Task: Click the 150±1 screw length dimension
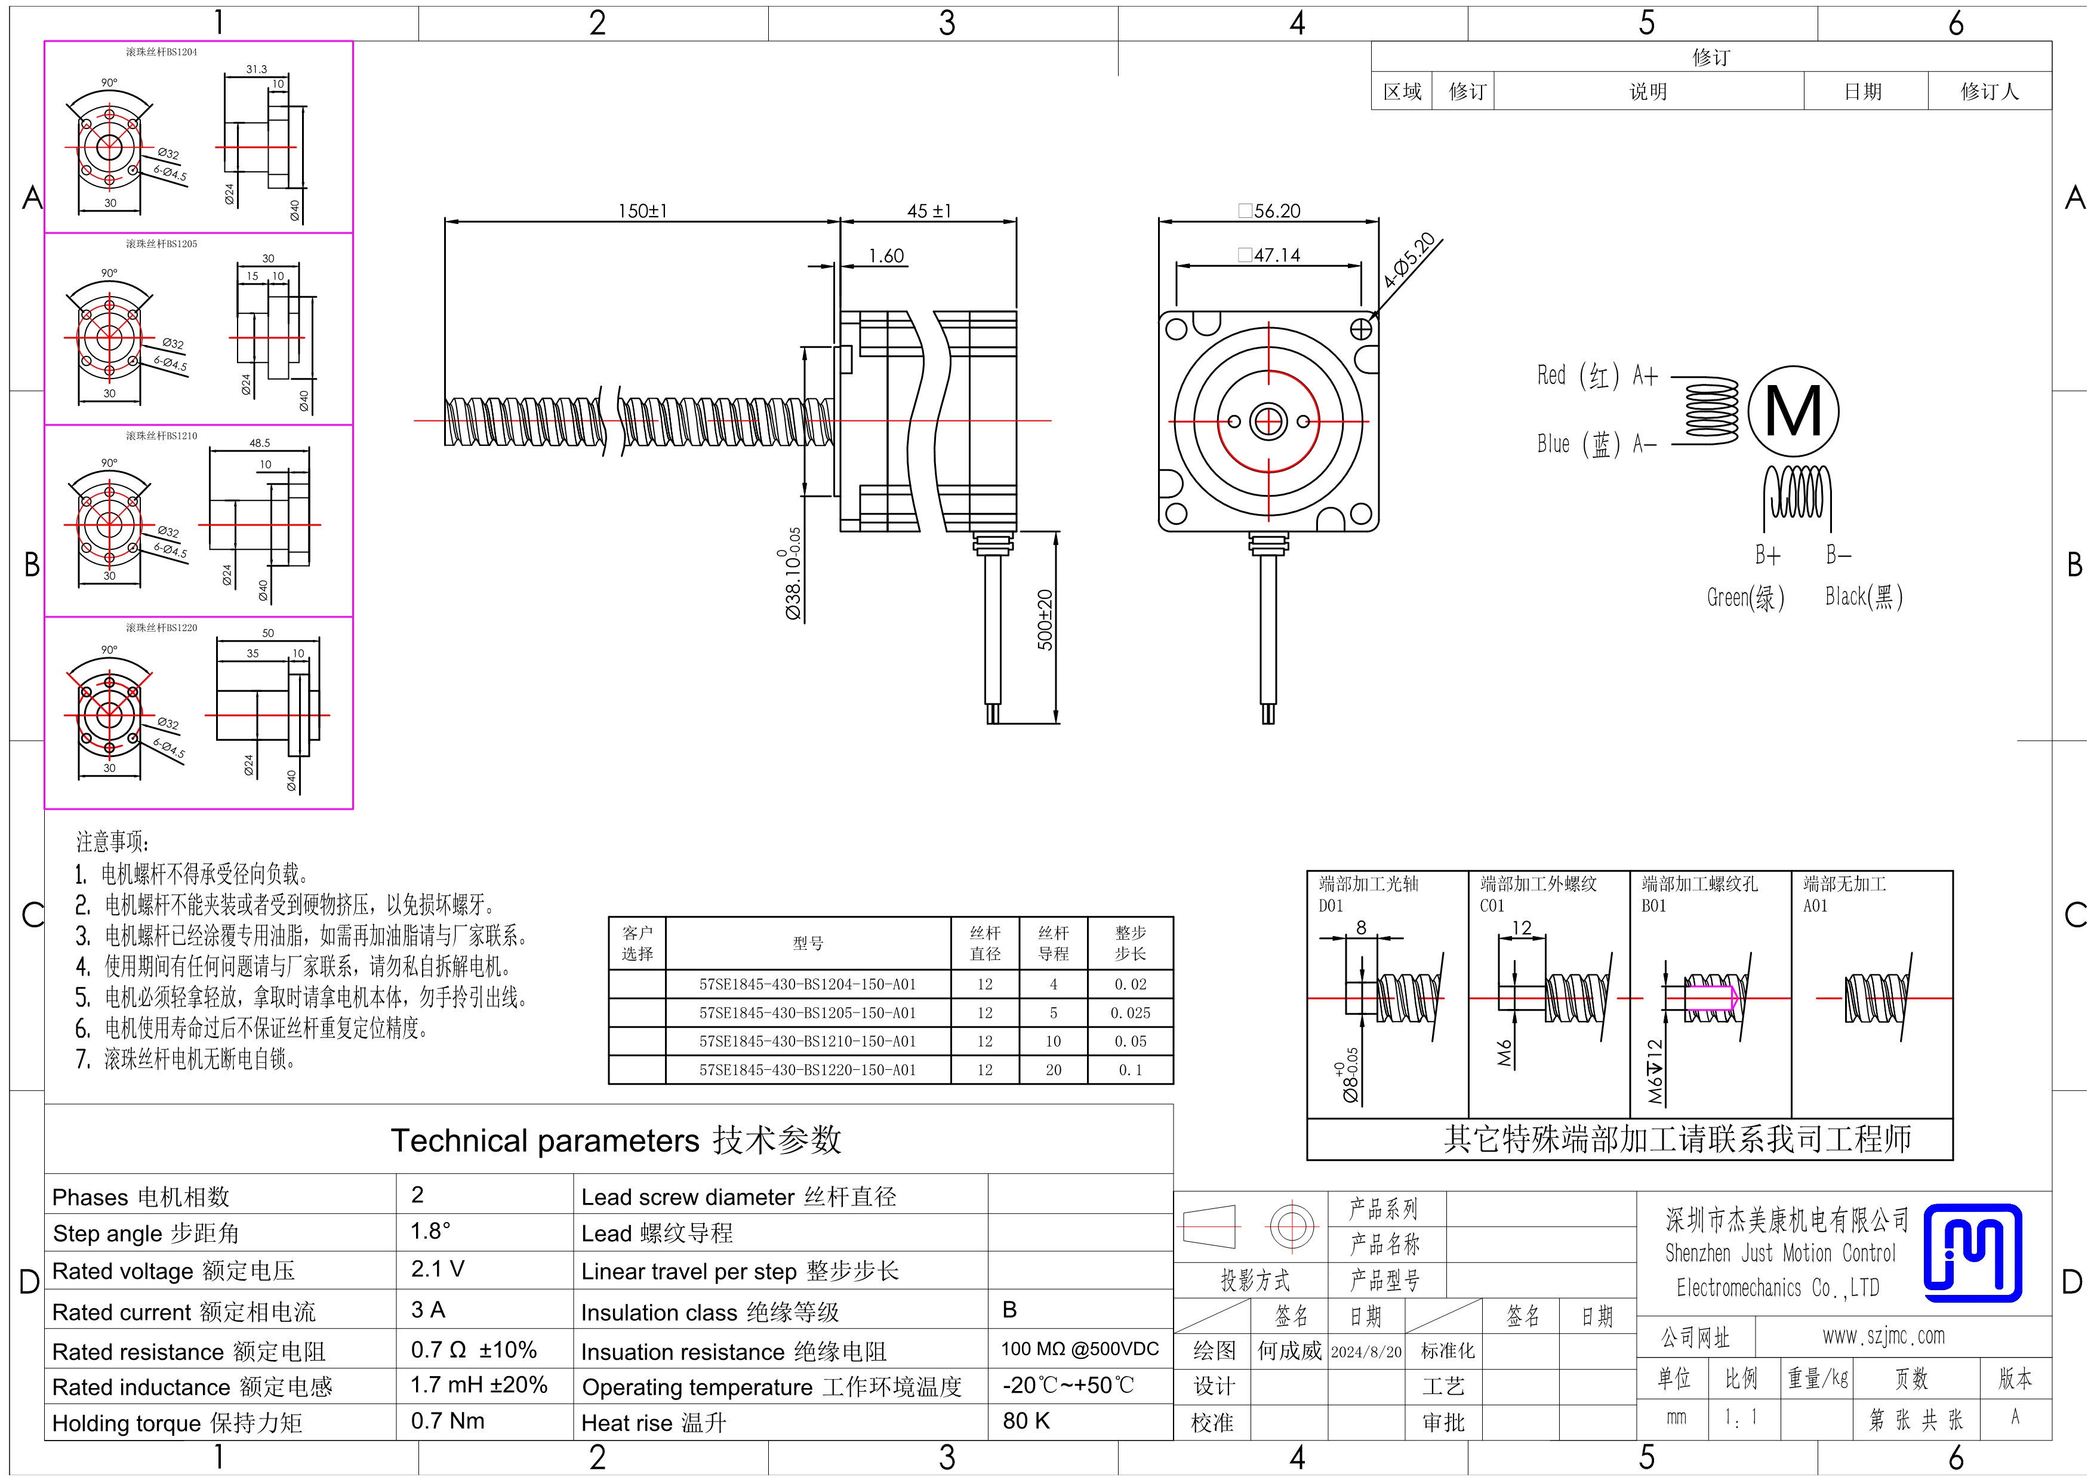pyautogui.click(x=643, y=211)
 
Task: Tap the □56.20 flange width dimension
pyautogui.click(x=1270, y=211)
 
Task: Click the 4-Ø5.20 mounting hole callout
pyautogui.click(x=1409, y=260)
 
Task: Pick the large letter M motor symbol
pyautogui.click(x=1793, y=411)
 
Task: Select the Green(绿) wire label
pyautogui.click(x=1745, y=597)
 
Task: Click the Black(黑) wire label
pyautogui.click(x=1863, y=596)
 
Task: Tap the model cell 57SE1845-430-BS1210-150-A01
pyautogui.click(x=807, y=1041)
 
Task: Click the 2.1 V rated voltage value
pyautogui.click(x=438, y=1269)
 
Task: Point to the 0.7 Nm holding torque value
pyautogui.click(x=448, y=1421)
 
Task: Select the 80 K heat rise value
pyautogui.click(x=1027, y=1421)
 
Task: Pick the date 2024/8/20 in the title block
pyautogui.click(x=1366, y=1352)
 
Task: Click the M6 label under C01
pyautogui.click(x=1505, y=1053)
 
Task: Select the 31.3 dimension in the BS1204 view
pyautogui.click(x=256, y=69)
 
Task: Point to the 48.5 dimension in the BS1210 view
pyautogui.click(x=260, y=443)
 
